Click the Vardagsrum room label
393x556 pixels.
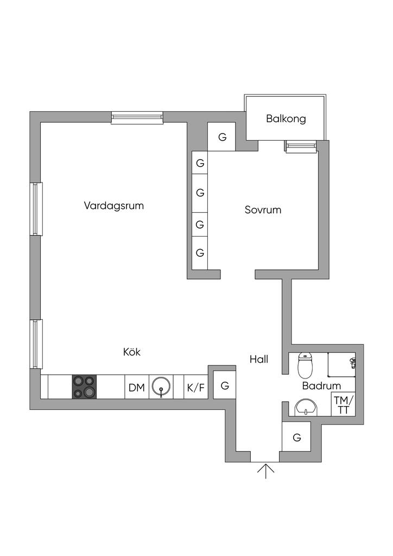(x=114, y=206)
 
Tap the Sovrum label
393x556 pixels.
(x=263, y=210)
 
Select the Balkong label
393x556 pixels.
(x=286, y=118)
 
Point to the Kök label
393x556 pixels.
(x=132, y=352)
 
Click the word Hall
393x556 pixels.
(x=259, y=359)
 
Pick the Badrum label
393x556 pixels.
(x=321, y=386)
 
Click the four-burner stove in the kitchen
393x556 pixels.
(x=84, y=387)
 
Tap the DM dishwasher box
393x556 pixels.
(x=137, y=388)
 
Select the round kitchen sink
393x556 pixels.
(x=161, y=387)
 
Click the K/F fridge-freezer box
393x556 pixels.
(x=196, y=388)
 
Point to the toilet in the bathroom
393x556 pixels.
(x=306, y=365)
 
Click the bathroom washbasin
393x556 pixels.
(x=305, y=407)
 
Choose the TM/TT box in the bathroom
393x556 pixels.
(x=343, y=405)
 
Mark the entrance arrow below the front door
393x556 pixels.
(x=265, y=471)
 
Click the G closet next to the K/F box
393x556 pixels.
(x=224, y=386)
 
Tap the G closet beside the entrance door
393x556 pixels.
(x=296, y=437)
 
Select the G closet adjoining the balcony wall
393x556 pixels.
(x=222, y=137)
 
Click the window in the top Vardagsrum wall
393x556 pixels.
(x=137, y=117)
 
